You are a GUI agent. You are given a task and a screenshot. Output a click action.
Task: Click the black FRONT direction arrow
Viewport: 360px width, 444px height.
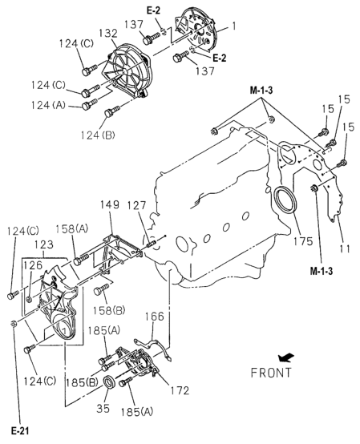(286, 357)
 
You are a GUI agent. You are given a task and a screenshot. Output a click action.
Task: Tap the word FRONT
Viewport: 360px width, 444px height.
(271, 373)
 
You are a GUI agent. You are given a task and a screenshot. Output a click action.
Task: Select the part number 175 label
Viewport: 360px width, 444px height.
(303, 241)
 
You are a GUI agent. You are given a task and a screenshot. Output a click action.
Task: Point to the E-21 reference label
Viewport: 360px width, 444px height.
(20, 431)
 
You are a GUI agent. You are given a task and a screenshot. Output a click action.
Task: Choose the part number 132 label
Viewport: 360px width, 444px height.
(108, 33)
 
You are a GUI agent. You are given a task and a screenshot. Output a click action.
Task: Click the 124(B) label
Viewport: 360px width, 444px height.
(98, 135)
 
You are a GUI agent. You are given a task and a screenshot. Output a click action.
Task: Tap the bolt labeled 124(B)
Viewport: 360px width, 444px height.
(112, 111)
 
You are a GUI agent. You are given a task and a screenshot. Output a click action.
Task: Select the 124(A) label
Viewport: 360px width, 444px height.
(48, 105)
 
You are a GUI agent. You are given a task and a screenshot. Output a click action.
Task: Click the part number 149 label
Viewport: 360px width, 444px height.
(110, 204)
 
